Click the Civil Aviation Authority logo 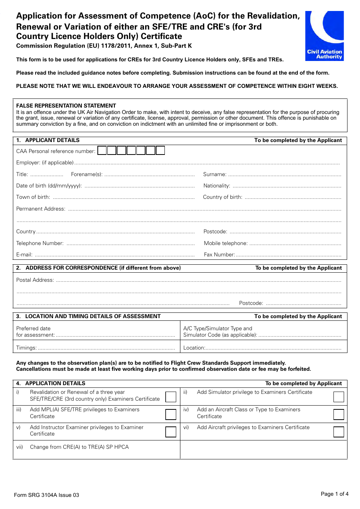[x=324, y=36]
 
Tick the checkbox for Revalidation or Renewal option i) [x=171, y=397]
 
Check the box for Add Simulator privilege [x=338, y=397]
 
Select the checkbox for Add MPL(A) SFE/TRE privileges [x=171, y=414]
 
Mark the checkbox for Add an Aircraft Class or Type [x=338, y=414]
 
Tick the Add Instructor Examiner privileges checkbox [x=171, y=432]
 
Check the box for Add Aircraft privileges [x=338, y=432]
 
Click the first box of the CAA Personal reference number [x=102, y=151]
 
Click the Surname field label [x=214, y=174]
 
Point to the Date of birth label [x=49, y=186]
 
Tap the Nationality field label [x=216, y=186]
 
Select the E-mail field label [x=24, y=254]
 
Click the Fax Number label [x=219, y=254]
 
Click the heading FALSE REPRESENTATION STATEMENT [x=66, y=106]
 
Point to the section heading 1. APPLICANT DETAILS [x=48, y=140]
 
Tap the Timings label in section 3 [x=26, y=348]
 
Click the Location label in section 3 [x=194, y=348]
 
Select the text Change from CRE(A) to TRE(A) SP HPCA [x=79, y=447]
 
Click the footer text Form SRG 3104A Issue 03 [x=47, y=495]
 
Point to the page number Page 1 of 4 [x=334, y=494]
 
